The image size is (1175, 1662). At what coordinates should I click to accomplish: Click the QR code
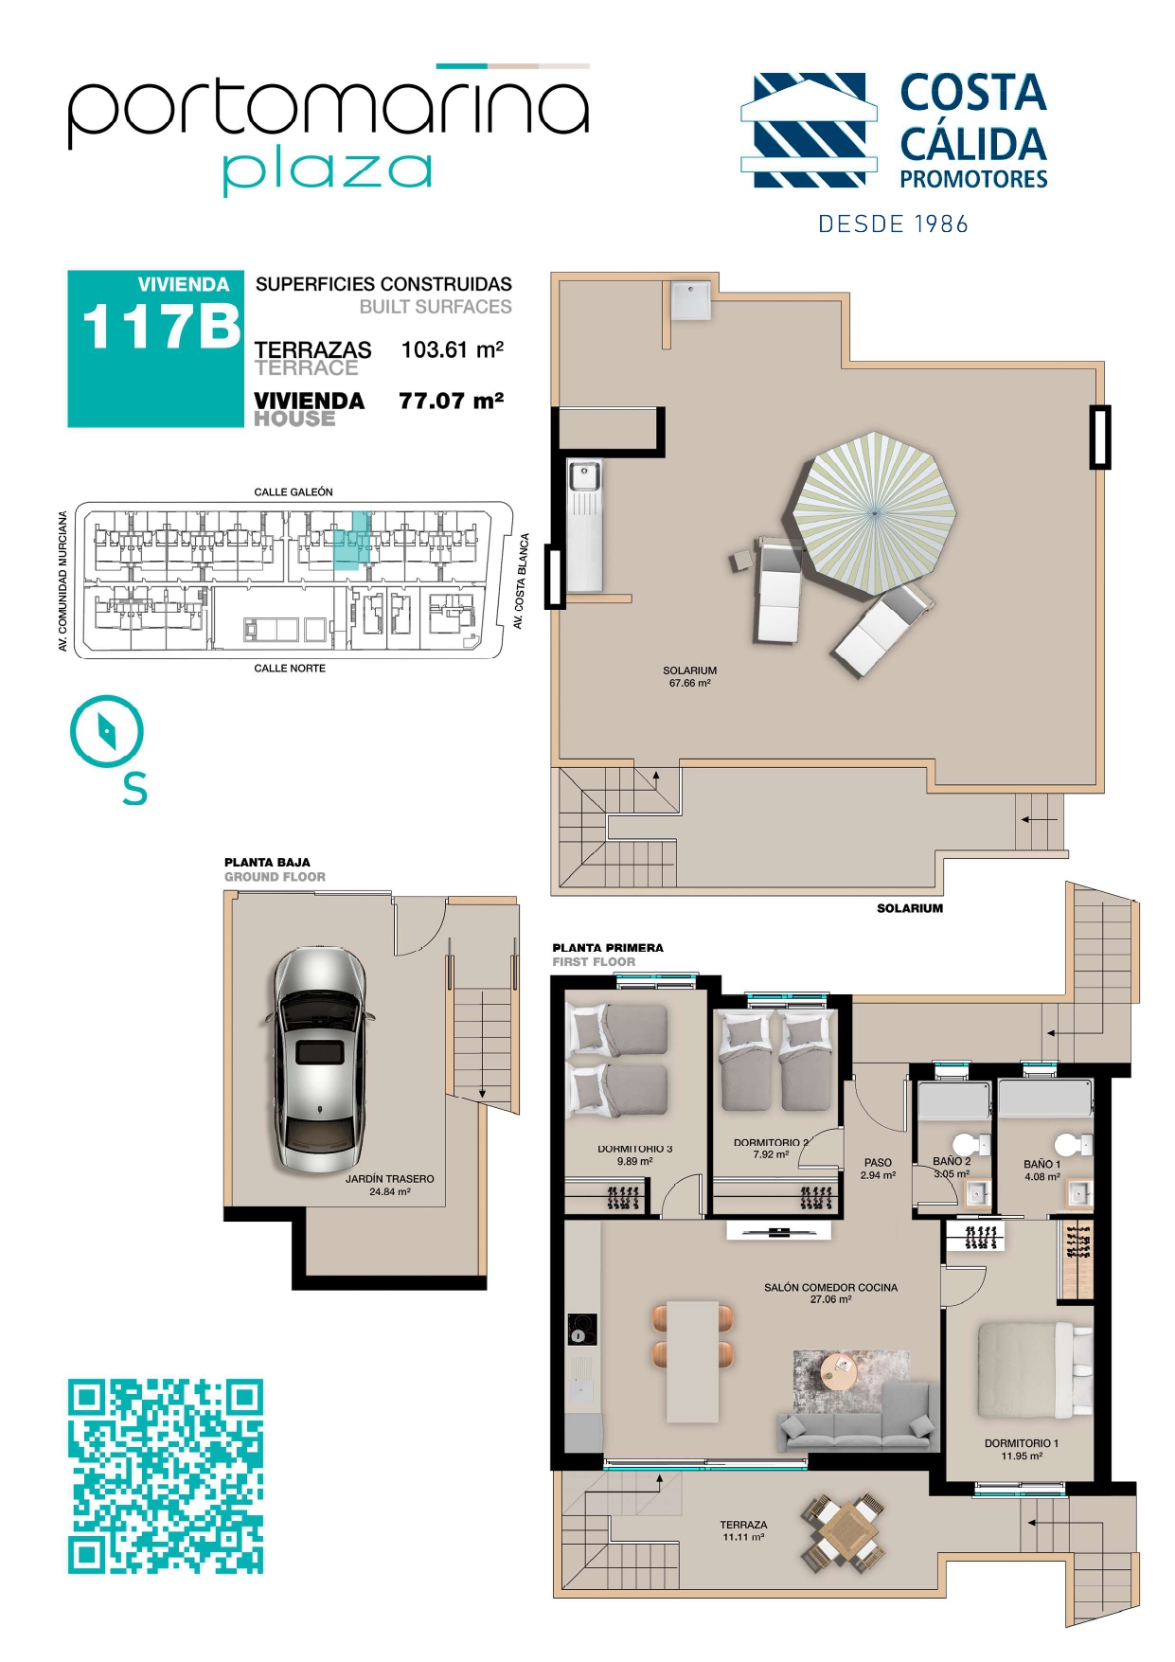(x=166, y=1476)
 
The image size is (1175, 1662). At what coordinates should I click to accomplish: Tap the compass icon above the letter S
(x=107, y=731)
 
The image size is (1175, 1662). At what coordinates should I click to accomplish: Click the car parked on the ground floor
(x=317, y=1060)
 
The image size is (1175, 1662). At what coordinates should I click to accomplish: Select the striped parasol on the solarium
(x=874, y=512)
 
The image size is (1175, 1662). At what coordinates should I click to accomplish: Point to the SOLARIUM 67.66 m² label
(x=689, y=676)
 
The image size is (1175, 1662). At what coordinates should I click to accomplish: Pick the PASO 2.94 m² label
(x=878, y=1169)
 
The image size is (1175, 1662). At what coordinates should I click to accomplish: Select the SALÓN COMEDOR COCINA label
(x=830, y=1288)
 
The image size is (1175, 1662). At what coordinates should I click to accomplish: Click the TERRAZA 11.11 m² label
(x=743, y=1530)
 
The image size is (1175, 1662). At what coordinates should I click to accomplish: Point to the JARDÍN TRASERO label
(x=389, y=1179)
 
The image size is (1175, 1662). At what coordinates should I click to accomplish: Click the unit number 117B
(x=162, y=327)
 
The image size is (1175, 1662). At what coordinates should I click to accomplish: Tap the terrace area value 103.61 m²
(x=453, y=349)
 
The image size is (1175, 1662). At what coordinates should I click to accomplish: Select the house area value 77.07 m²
(x=452, y=401)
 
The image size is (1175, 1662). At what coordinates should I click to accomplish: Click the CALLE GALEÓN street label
(x=294, y=492)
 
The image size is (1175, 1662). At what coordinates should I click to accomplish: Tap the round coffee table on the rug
(x=838, y=1370)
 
